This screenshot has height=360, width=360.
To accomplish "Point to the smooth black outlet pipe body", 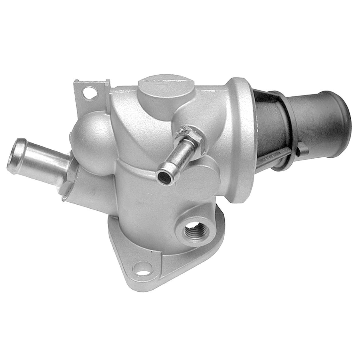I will click(315, 126).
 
